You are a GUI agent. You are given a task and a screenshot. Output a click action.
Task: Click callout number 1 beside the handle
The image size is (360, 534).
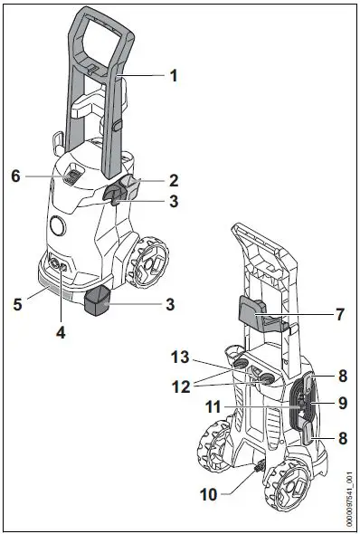[x=173, y=77]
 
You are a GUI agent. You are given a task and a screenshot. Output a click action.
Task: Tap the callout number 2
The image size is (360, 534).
[x=173, y=181]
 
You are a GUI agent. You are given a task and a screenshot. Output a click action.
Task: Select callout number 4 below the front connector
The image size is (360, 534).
[x=62, y=331]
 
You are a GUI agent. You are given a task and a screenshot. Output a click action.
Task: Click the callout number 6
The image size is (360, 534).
[x=15, y=175]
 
